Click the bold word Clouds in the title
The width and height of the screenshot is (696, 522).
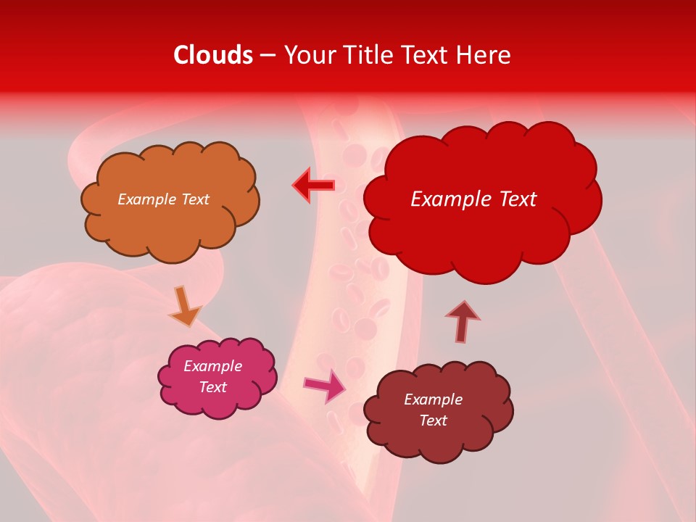click(x=213, y=55)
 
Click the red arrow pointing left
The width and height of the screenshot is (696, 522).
click(x=313, y=186)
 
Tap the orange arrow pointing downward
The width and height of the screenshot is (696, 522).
click(x=184, y=305)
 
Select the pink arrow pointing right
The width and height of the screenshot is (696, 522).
click(x=324, y=386)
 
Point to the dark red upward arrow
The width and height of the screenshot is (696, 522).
click(x=463, y=321)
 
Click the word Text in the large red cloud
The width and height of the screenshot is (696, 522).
click(x=513, y=199)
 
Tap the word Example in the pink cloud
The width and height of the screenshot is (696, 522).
click(x=212, y=366)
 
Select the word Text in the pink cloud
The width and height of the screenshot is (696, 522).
click(x=212, y=387)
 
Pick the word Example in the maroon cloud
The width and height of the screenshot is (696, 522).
click(x=433, y=399)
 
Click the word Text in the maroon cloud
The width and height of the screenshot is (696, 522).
click(x=433, y=420)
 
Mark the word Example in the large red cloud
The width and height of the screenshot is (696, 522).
click(x=447, y=199)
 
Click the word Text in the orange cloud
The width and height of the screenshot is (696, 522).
click(x=194, y=199)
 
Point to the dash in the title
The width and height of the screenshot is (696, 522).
click(x=268, y=56)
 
